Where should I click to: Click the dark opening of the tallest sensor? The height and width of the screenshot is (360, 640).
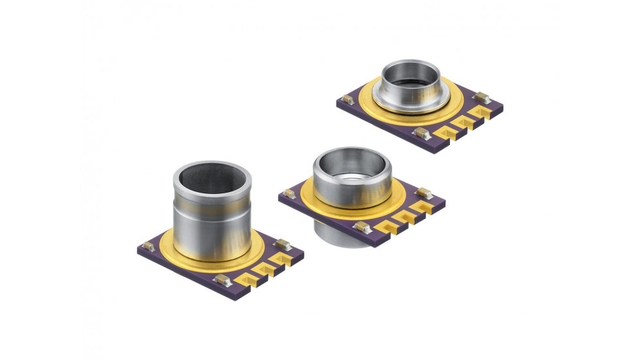point(212,179)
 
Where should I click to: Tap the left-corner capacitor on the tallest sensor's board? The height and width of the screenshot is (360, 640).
point(149,246)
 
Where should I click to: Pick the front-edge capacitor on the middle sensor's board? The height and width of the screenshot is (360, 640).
point(359,226)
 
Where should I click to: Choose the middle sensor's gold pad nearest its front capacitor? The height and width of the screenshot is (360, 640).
point(383,222)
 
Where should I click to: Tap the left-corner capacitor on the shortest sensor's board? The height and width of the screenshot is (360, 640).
point(347,100)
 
